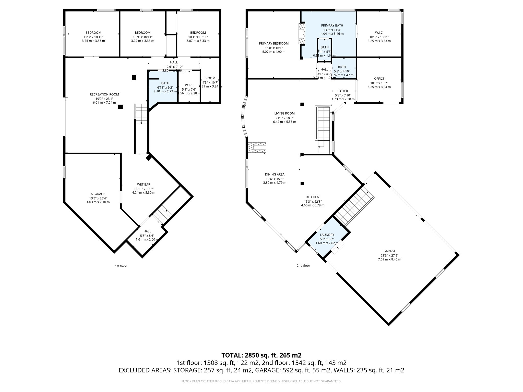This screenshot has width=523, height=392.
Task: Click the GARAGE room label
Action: [389, 251]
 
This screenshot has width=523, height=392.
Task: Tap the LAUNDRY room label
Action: [327, 235]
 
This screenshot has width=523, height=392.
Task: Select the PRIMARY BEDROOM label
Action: [274, 44]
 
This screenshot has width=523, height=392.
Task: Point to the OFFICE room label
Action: [379, 79]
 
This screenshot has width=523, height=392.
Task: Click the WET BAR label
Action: [144, 184]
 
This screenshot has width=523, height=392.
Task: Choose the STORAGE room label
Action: [98, 194]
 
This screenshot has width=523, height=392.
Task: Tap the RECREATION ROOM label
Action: [104, 94]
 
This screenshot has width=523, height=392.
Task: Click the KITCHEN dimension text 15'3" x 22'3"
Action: [313, 201]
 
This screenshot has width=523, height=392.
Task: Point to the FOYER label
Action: [343, 91]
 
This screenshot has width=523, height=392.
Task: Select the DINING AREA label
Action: [275, 174]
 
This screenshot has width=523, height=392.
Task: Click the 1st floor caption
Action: [121, 266]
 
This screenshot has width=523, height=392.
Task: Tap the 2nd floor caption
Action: [303, 265]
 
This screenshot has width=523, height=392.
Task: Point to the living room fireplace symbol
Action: [257, 148]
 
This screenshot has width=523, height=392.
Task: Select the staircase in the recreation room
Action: [141, 114]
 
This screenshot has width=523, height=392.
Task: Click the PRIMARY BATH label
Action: [332, 25]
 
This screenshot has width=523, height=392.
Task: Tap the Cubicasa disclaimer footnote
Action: [261, 381]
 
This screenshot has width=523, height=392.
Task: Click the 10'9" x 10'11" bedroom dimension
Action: [142, 37]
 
